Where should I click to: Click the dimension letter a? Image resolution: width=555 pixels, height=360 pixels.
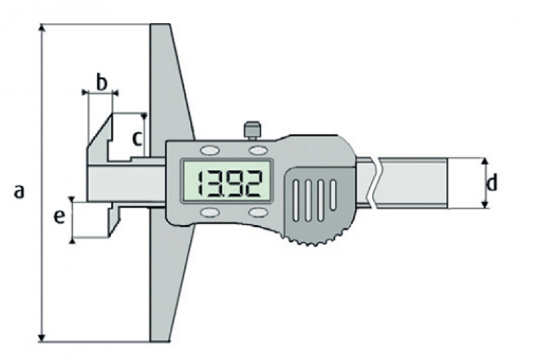tap(19, 191)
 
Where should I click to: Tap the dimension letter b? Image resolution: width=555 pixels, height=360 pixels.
tap(101, 83)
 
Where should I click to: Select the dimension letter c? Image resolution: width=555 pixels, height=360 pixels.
tap(137, 138)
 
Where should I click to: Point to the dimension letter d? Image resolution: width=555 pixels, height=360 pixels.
tap(491, 182)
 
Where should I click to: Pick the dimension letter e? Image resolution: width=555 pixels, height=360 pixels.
tap(59, 216)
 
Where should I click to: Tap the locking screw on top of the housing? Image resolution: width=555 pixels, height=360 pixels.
tap(252, 130)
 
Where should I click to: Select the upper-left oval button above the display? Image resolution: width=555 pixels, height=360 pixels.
tap(210, 150)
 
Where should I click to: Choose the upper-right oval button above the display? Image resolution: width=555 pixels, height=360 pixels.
tap(257, 150)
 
